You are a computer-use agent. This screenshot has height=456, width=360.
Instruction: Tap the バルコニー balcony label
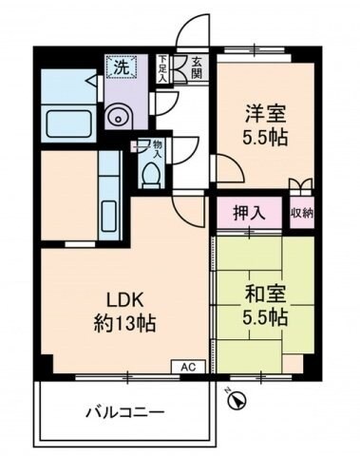[125, 412]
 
